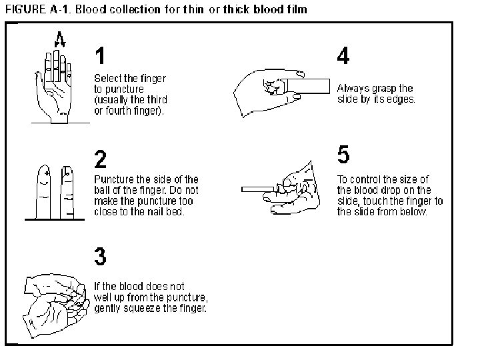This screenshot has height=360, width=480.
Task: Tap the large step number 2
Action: click(x=101, y=160)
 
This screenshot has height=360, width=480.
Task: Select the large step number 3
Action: click(x=100, y=257)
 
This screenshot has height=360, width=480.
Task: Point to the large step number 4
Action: click(x=343, y=56)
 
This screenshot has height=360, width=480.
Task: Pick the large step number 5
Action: click(x=343, y=155)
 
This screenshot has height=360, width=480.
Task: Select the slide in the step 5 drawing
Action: click(x=260, y=189)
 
